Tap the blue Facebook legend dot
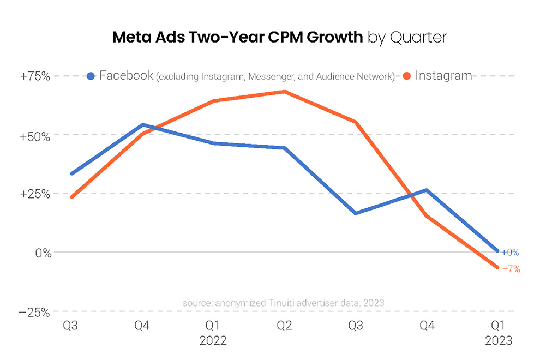pos(91,76)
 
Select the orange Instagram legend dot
pos(407,76)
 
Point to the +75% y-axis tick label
pos(35,76)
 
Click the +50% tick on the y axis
pos(35,135)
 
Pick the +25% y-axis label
pos(35,194)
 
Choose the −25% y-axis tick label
pos(35,312)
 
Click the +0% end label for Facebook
pos(510,253)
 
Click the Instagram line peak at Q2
pos(284,92)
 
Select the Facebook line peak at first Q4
pos(142,125)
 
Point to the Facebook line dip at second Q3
pos(356,213)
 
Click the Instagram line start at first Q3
pos(71,197)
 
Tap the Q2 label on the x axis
pos(284,326)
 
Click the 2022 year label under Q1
pos(213,341)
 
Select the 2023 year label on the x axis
pos(499,341)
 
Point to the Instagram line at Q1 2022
pos(213,101)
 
